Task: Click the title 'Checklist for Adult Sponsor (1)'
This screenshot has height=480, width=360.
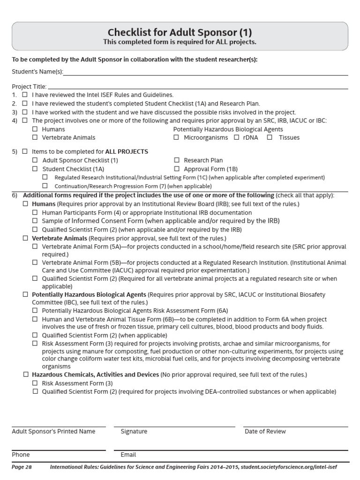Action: click(180, 32)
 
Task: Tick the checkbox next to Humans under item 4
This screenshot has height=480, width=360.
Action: click(35, 129)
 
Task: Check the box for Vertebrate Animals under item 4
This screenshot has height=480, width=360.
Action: click(35, 137)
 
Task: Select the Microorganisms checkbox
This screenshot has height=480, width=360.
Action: click(176, 137)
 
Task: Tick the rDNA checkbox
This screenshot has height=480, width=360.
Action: click(236, 137)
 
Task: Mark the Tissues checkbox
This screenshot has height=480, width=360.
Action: click(270, 137)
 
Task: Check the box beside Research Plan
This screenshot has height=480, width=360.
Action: click(177, 160)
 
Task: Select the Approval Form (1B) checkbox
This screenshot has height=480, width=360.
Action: click(177, 169)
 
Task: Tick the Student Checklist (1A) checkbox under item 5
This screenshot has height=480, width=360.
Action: click(35, 169)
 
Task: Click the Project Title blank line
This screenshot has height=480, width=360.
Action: click(197, 88)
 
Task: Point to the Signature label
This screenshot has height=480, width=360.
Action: click(134, 431)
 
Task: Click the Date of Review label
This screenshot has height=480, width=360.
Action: click(265, 431)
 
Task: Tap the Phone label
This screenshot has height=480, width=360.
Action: click(21, 455)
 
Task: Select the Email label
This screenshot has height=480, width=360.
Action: click(128, 455)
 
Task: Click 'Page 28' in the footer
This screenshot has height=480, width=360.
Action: click(21, 467)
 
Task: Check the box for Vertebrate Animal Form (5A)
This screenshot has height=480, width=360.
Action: click(35, 247)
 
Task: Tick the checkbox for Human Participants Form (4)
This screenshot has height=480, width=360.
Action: click(35, 212)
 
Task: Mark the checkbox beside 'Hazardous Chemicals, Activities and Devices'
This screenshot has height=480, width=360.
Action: click(25, 375)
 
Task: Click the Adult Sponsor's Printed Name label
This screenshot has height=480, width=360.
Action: click(53, 431)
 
